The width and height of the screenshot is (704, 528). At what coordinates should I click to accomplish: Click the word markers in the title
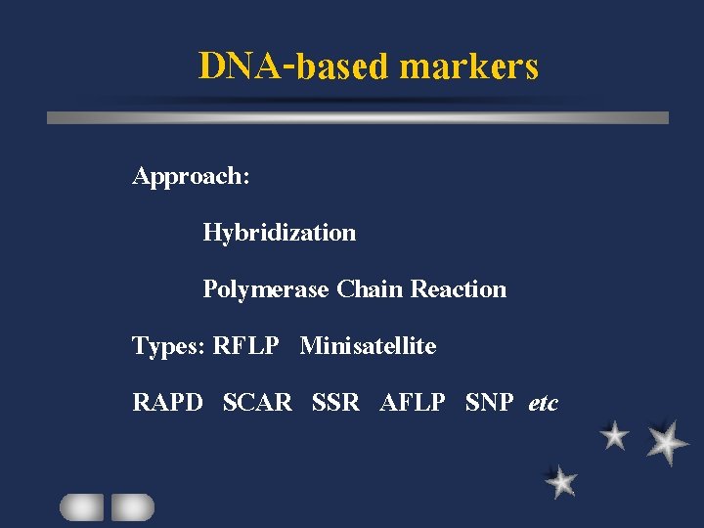(469, 66)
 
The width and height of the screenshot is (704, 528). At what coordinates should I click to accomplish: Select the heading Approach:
(192, 177)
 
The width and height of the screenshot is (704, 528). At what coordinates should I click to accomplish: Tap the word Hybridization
(279, 234)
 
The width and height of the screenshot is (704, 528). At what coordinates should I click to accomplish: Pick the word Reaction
(459, 289)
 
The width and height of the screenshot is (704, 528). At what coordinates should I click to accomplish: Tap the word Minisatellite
(368, 346)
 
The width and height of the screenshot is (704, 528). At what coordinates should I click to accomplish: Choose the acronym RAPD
(168, 403)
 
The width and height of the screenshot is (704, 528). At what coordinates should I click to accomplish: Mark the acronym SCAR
(257, 403)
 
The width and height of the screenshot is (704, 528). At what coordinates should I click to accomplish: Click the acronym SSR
(335, 403)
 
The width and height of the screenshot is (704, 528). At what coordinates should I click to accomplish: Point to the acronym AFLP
(412, 403)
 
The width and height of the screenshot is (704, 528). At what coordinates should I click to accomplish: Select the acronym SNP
(489, 403)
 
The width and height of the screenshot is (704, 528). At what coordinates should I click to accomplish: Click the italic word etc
(543, 403)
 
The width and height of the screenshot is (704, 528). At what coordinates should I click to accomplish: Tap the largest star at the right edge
(667, 442)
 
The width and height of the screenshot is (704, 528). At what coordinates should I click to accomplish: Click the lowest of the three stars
(561, 481)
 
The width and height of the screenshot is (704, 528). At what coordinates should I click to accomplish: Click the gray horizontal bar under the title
(358, 117)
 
